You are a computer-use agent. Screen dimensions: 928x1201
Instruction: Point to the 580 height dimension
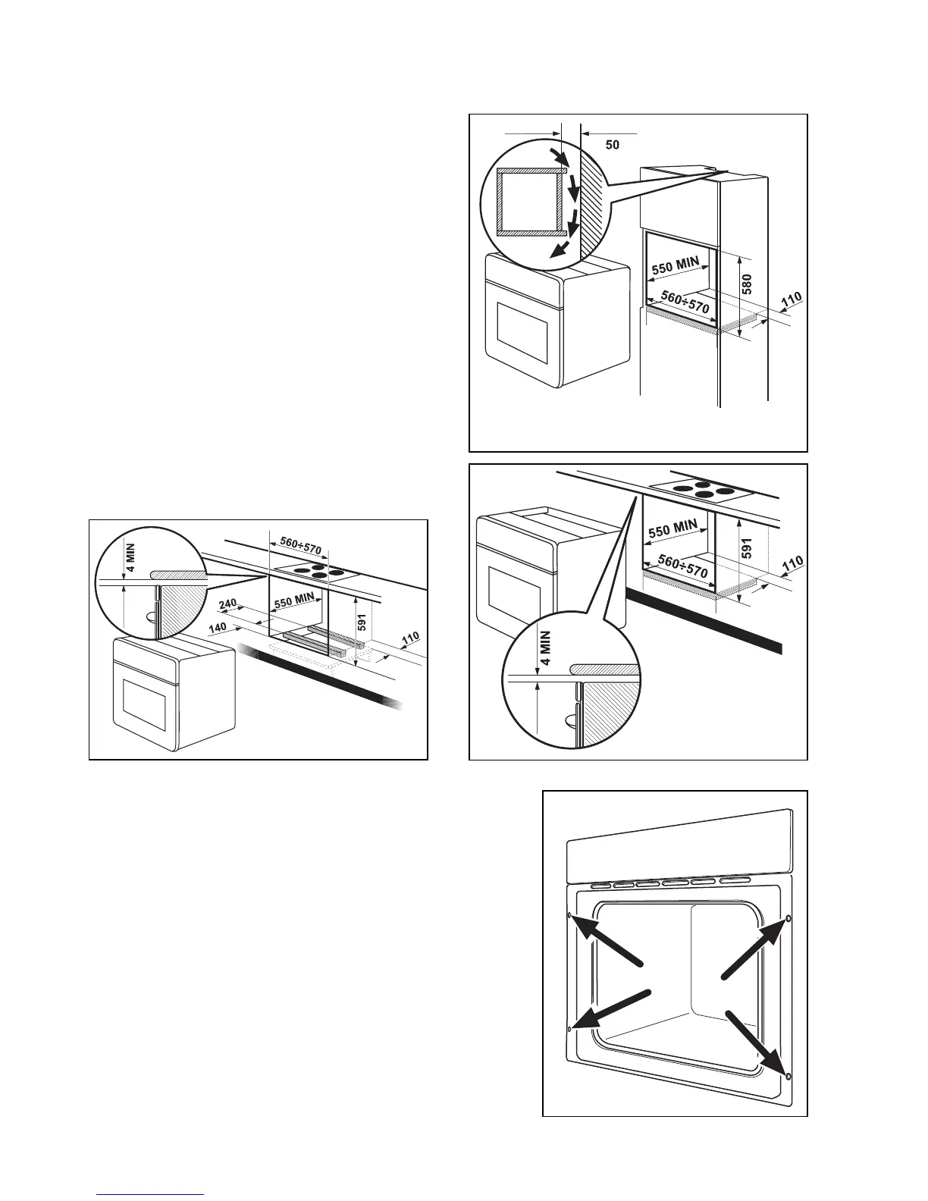point(747,283)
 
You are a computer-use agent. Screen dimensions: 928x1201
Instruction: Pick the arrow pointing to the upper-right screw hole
point(750,948)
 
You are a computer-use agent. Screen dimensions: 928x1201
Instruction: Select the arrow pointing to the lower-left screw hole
point(611,1009)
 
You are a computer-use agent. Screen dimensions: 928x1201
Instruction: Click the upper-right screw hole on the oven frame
point(788,918)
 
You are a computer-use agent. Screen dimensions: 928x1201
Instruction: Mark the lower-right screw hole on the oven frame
point(788,1076)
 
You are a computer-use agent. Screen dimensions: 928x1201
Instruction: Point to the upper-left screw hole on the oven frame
point(569,915)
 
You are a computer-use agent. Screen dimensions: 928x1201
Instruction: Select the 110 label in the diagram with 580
point(789,301)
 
